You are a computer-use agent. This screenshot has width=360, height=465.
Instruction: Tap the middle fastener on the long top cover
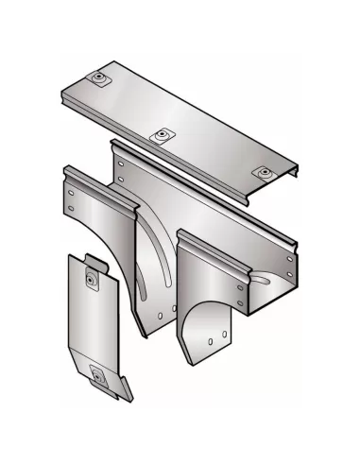164,135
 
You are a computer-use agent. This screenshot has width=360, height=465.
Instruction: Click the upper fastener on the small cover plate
91,278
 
